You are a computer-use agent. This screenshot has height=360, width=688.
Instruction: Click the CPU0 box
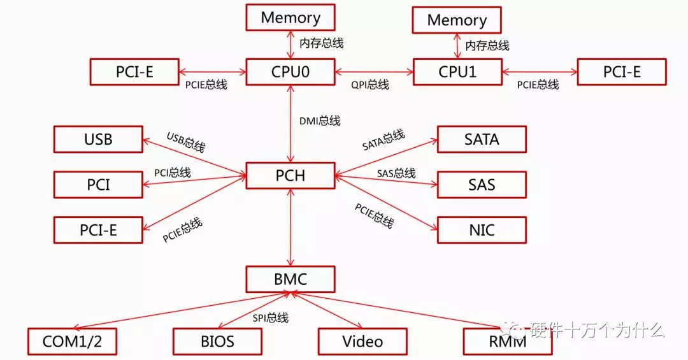click(x=290, y=72)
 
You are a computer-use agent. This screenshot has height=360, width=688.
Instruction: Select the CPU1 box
click(x=457, y=72)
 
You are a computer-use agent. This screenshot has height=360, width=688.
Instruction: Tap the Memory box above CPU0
click(x=290, y=17)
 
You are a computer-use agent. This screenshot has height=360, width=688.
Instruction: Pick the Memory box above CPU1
click(x=457, y=20)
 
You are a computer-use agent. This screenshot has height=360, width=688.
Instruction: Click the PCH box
click(x=290, y=175)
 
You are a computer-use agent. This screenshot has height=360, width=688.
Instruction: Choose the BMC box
click(x=290, y=278)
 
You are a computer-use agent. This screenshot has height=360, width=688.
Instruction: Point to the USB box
click(x=98, y=139)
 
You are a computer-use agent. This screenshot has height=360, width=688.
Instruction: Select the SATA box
click(x=482, y=139)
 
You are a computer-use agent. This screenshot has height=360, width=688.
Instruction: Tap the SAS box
click(x=482, y=185)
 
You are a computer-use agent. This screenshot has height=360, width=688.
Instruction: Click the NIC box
click(x=482, y=230)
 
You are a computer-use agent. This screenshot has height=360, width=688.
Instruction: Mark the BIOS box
click(x=218, y=342)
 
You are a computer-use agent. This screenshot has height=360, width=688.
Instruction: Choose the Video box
click(x=362, y=342)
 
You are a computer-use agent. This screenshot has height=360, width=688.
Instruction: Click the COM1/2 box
click(x=73, y=342)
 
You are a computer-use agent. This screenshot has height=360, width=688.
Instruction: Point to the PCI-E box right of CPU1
click(x=622, y=72)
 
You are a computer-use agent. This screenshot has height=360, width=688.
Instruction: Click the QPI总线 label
click(x=370, y=85)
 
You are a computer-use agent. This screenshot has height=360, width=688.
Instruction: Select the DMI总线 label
click(x=320, y=121)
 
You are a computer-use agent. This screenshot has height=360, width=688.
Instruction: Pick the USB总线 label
click(x=186, y=142)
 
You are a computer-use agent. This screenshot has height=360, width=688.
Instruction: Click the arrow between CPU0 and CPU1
click(x=374, y=72)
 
